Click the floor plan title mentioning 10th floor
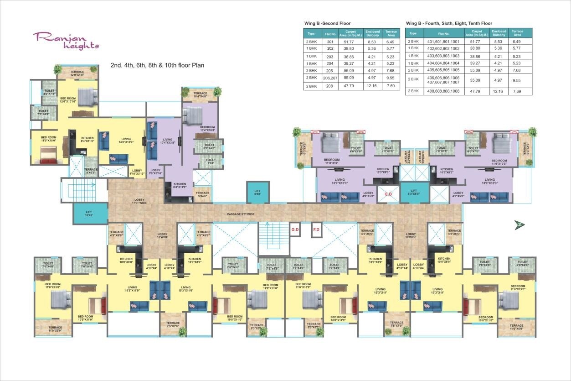(x=157, y=65)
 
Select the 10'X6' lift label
(x=89, y=213)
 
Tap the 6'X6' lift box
(x=257, y=192)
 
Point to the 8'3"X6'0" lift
(x=413, y=192)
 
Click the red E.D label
(x=388, y=194)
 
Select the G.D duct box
(x=294, y=230)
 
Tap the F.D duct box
(x=316, y=230)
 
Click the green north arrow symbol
(x=518, y=224)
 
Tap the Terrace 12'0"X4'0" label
(x=77, y=73)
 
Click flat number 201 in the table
(x=330, y=42)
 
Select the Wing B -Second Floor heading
(x=327, y=23)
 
